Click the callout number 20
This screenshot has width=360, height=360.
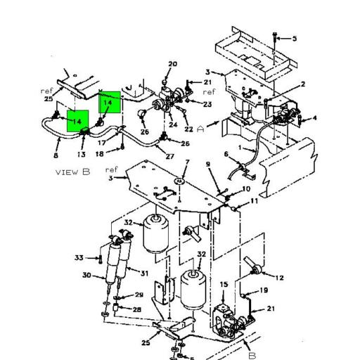point(172,65)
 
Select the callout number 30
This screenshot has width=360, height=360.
point(86,275)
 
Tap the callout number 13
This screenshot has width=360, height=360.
point(81,154)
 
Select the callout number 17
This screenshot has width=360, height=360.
point(101,143)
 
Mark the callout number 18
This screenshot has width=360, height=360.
point(99,153)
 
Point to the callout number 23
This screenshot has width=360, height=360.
point(207,104)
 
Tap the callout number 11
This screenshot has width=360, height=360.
point(254,202)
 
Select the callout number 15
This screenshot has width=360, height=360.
point(224,284)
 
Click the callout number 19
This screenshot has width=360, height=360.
point(264,290)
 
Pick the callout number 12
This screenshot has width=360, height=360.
point(279,278)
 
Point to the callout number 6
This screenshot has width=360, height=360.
point(226,154)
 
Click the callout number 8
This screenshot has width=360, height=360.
point(56,154)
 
